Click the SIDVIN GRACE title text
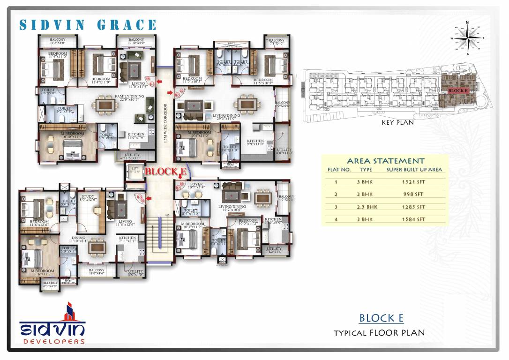[88, 25]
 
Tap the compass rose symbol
[467, 37]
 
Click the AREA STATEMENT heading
[385, 161]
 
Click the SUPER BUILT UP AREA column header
[414, 170]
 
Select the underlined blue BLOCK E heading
[381, 318]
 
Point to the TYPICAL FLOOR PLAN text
[379, 333]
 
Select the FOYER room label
[196, 185]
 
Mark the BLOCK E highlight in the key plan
[457, 90]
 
